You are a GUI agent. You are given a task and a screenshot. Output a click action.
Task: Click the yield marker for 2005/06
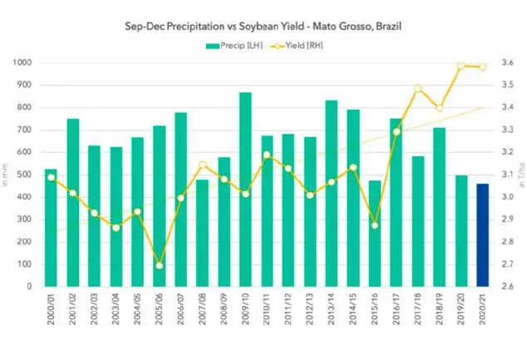(x=159, y=265)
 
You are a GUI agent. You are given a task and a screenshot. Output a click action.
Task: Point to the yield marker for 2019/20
(x=461, y=66)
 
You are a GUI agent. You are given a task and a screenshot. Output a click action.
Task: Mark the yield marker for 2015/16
(x=374, y=225)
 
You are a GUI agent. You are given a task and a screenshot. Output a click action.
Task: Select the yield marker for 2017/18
(x=418, y=88)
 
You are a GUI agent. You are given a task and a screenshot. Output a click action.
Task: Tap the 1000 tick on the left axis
(x=24, y=63)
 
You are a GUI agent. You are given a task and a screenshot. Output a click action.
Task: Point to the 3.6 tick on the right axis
(x=506, y=63)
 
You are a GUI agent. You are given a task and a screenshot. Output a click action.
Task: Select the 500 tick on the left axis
(x=27, y=175)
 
